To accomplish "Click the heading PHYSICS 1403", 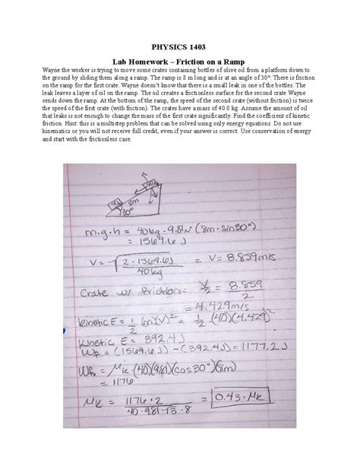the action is coord(179,47).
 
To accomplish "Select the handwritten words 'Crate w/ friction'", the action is coord(122,290).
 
